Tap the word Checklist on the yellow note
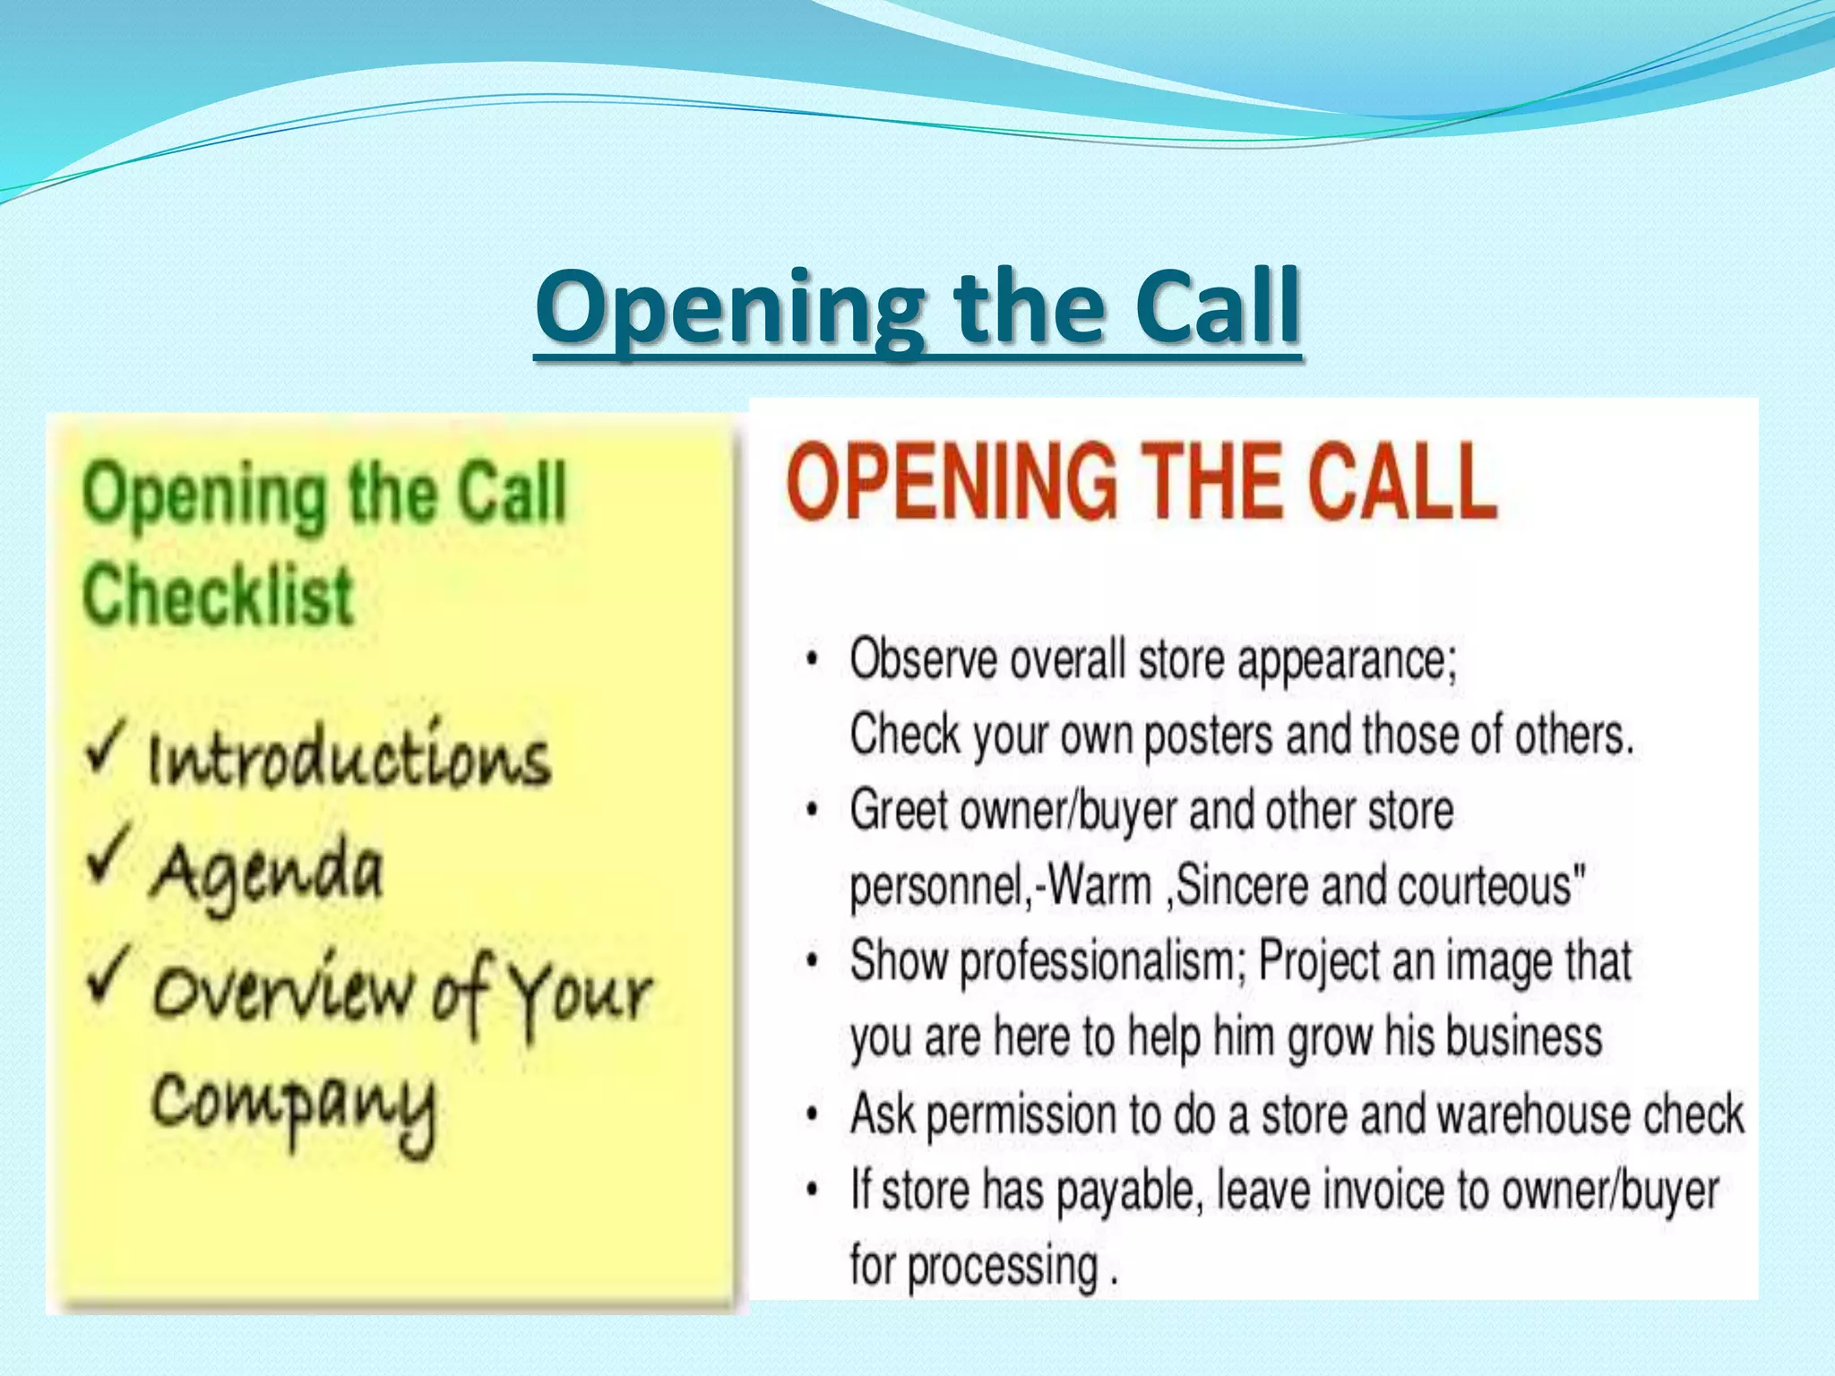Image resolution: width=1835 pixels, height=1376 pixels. (x=218, y=595)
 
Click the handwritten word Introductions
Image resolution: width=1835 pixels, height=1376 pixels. (x=349, y=759)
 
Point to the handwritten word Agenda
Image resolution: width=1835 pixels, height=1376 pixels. (x=267, y=873)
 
